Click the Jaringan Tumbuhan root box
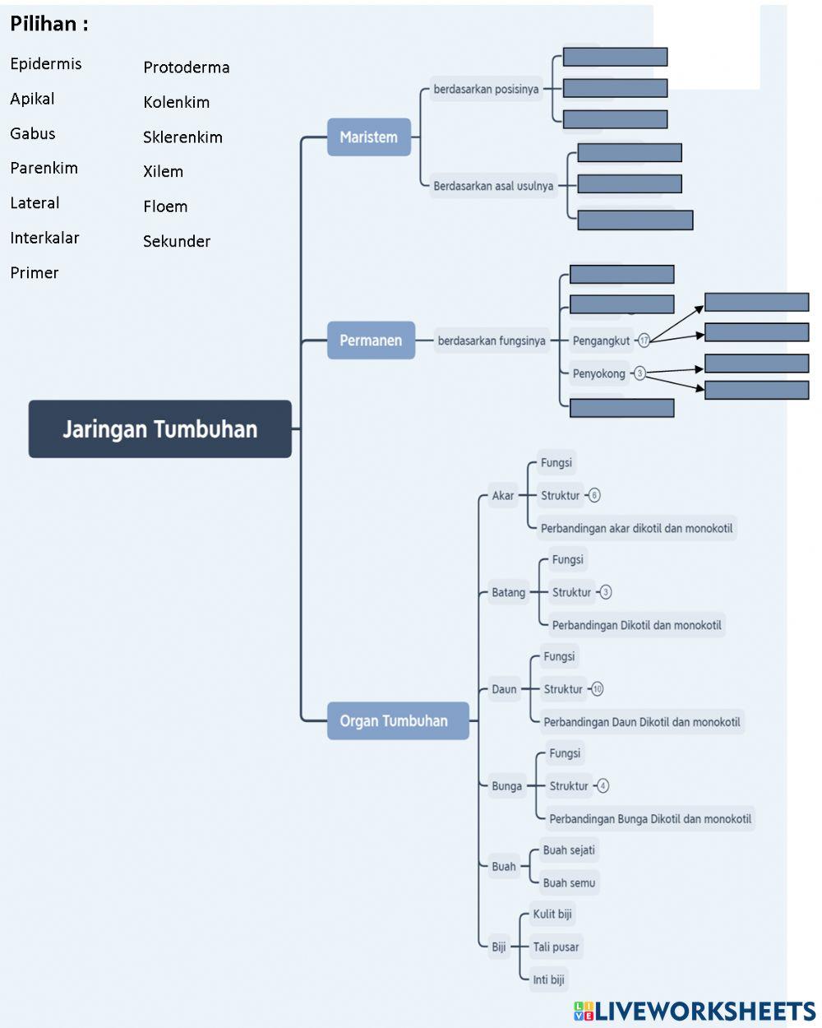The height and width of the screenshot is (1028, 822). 159,428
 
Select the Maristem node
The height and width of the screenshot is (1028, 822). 368,137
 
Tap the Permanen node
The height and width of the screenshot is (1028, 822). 371,340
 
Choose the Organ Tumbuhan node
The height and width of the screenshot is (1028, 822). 398,720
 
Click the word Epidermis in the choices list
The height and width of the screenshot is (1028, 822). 46,64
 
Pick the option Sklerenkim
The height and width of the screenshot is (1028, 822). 183,137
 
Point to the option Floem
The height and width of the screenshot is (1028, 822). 165,206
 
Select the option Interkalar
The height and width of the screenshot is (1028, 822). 44,238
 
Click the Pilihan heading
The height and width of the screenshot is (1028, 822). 49,24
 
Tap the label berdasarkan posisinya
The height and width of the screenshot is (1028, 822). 486,89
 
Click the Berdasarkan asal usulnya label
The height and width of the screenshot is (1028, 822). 493,185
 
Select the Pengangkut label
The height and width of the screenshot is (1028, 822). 601,340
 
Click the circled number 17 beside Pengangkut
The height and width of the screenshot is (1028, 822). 644,340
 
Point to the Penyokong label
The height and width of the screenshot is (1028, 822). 599,373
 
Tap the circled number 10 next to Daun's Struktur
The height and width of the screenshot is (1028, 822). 597,689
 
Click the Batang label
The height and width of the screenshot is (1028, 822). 508,592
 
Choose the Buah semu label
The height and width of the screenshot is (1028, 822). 569,882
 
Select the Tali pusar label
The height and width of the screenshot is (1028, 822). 556,947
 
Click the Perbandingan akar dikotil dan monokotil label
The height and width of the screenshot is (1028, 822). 636,528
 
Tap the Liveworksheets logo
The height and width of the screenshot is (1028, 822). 695,1011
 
